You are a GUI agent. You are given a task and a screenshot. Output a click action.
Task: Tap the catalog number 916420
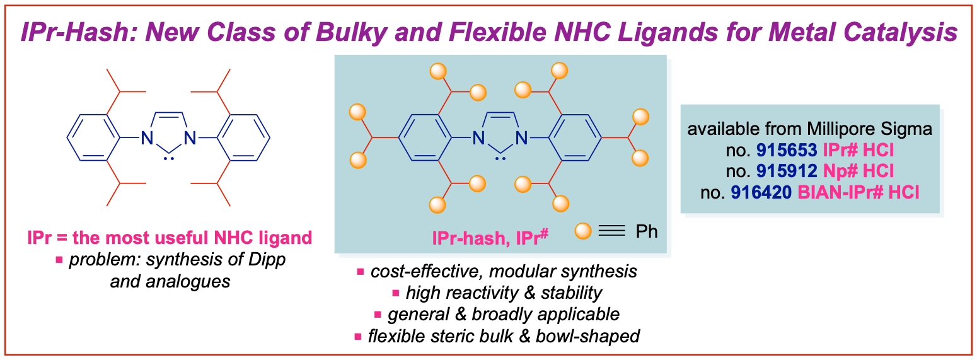(x=759, y=192)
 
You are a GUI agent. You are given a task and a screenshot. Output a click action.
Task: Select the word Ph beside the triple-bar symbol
(x=646, y=231)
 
